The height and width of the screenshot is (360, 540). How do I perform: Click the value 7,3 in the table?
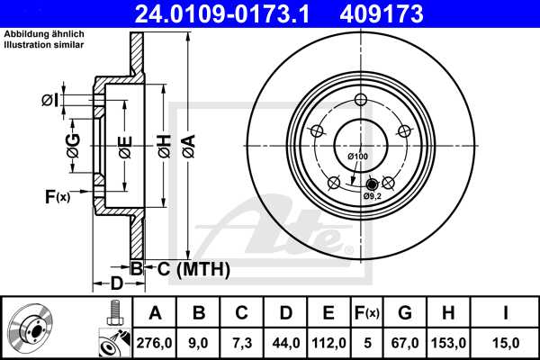click(242, 341)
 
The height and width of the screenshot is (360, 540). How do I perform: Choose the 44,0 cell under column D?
click(285, 341)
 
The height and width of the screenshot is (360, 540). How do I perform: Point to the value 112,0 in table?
click(328, 341)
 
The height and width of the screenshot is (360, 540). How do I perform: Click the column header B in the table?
click(199, 313)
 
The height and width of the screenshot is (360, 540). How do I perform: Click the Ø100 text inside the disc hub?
click(358, 157)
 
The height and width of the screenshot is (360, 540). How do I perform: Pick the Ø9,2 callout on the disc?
click(373, 195)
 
